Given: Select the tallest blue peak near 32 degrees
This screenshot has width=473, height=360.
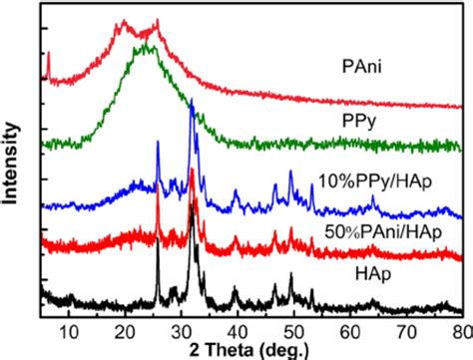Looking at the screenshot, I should [x=191, y=102].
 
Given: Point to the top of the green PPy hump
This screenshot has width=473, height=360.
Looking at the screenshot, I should [x=147, y=46].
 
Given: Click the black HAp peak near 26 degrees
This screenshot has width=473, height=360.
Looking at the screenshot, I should [x=158, y=242].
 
